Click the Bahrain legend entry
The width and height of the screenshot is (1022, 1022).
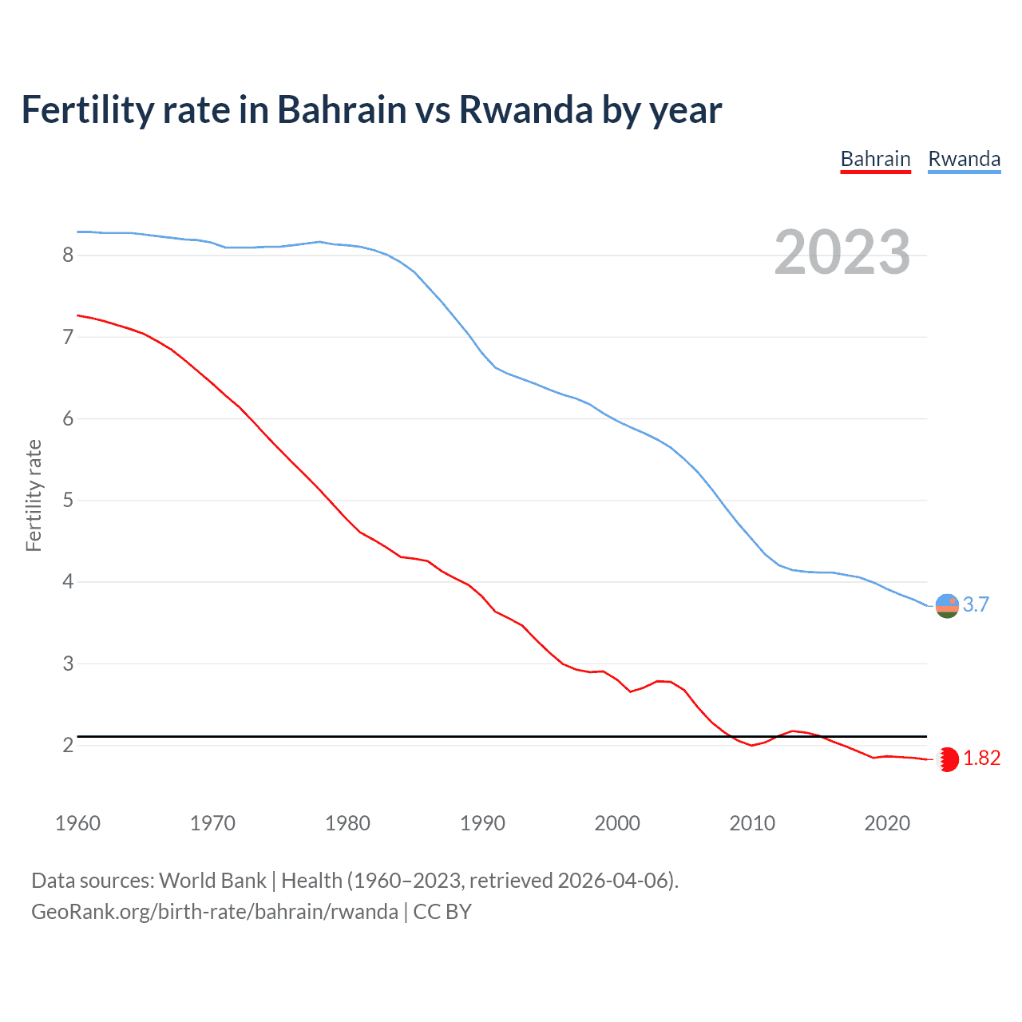point(875,159)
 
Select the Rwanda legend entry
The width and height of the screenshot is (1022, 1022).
point(964,159)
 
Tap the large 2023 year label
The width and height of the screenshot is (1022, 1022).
point(842,252)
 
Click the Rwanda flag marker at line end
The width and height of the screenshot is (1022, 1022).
point(947,606)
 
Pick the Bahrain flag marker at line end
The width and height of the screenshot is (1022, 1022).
point(947,759)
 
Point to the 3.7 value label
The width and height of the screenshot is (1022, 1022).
point(976,605)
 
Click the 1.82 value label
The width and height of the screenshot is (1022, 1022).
point(981,759)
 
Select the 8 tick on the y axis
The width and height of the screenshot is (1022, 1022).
point(68,255)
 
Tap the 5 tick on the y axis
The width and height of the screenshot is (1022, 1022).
point(68,501)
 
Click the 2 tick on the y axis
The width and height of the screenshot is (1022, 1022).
point(68,746)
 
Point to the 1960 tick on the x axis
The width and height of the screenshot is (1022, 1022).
point(77,823)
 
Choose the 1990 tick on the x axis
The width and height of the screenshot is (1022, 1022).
point(482,823)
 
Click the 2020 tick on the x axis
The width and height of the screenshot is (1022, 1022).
point(887,823)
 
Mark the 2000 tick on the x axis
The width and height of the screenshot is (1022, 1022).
point(617,823)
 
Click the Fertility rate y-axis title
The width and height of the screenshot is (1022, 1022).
point(34,495)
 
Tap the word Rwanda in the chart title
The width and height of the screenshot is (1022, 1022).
point(525,110)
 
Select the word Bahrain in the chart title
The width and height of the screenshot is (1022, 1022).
point(342,110)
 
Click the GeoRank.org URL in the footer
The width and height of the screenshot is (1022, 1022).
point(214,912)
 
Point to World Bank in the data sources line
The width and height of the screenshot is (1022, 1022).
point(212,881)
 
